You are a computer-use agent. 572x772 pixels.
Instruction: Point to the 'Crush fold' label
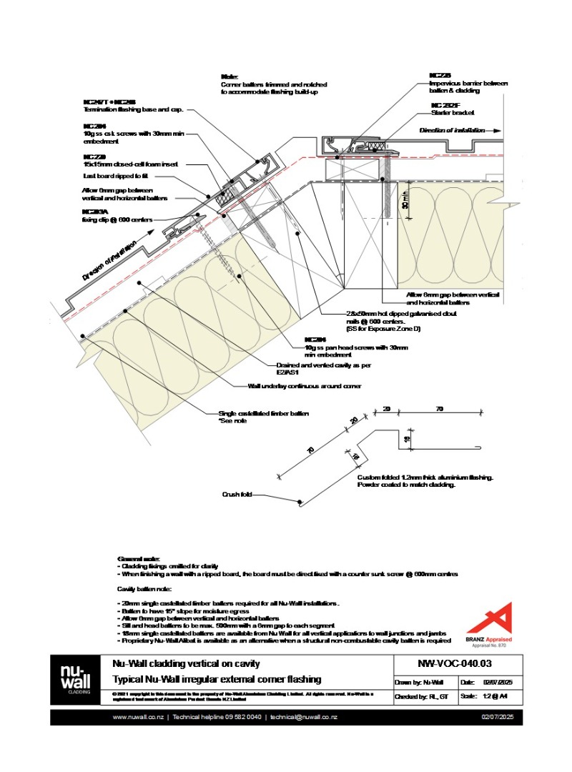[237, 494]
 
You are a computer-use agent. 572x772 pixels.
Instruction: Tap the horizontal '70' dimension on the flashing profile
[440, 409]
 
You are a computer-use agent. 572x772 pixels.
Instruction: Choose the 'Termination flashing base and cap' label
[134, 109]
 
